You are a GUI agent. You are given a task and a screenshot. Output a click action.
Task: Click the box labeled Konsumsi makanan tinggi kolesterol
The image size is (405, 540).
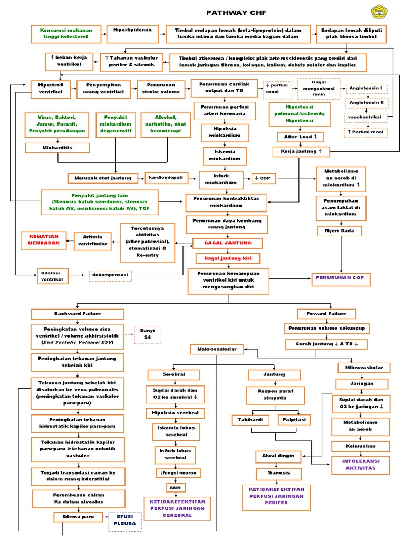(63, 34)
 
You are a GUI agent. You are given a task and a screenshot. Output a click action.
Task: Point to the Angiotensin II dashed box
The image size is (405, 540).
(367, 103)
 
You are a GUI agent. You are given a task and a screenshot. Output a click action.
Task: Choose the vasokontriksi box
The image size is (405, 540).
(367, 118)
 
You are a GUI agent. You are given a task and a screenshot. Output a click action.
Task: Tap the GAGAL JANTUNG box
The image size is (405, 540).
(228, 243)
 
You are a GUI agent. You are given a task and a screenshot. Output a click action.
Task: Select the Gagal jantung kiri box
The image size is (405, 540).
(228, 258)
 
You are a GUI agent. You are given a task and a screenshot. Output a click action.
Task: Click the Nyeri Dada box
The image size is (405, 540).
(339, 230)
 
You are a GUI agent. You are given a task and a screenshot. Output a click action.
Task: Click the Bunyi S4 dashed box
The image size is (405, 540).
(147, 334)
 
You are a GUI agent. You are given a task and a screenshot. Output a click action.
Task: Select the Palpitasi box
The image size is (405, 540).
(296, 420)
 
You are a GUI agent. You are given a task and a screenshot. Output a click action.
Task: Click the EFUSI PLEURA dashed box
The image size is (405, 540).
(125, 520)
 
